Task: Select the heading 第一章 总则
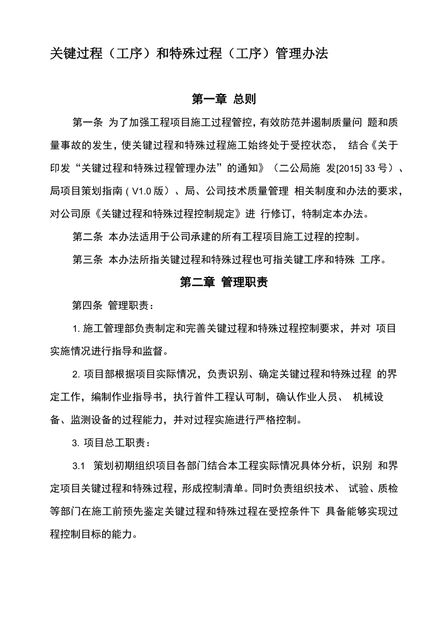[x=224, y=99]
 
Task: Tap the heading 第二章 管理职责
[x=224, y=282]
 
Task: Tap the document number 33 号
[x=375, y=169]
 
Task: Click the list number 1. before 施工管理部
[x=76, y=328]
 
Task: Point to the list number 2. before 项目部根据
[x=76, y=374]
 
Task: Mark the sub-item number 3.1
[x=78, y=466]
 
